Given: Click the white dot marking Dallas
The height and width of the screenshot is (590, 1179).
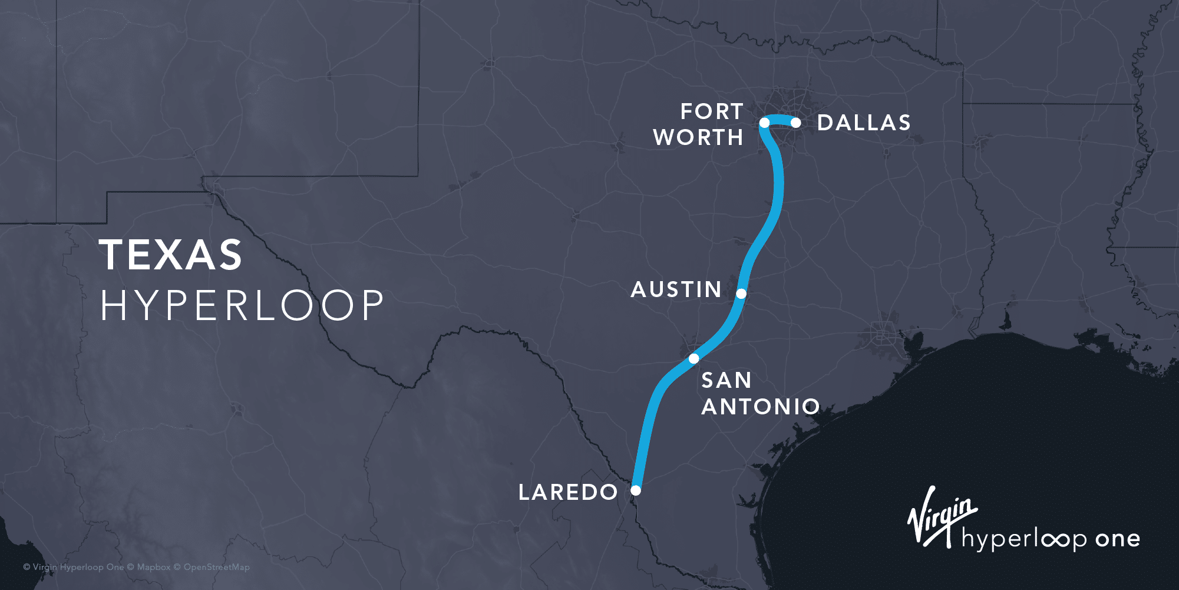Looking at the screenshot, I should click(795, 123).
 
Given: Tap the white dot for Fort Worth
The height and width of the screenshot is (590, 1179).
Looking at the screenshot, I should click(764, 123).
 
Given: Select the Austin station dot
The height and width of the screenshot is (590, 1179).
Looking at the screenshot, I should click(741, 293).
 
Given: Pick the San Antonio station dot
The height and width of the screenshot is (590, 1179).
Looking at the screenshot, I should click(694, 358).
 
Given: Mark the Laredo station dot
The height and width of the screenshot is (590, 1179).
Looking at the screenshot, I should click(636, 490).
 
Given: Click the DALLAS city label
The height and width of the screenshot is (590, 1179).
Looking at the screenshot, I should click(864, 123).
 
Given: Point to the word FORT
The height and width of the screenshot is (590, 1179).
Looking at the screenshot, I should click(712, 111).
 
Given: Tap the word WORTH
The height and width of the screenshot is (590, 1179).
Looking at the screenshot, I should click(698, 137).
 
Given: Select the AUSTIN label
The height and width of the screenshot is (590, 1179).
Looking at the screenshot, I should click(676, 289).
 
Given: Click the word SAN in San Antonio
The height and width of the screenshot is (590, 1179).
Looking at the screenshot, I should click(726, 380).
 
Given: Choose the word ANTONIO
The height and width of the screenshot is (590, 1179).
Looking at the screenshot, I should click(761, 407).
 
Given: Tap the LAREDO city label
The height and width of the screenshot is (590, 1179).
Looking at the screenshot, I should click(568, 492).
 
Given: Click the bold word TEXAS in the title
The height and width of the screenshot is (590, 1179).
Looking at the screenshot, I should click(171, 255).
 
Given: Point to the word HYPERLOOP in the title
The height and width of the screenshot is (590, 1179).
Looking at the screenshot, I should click(242, 305).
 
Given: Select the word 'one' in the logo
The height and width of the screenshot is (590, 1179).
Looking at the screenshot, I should click(1117, 539).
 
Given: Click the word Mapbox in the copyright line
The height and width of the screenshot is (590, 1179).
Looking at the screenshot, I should click(154, 567).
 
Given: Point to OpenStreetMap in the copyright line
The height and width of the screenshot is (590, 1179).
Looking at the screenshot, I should click(216, 567).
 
